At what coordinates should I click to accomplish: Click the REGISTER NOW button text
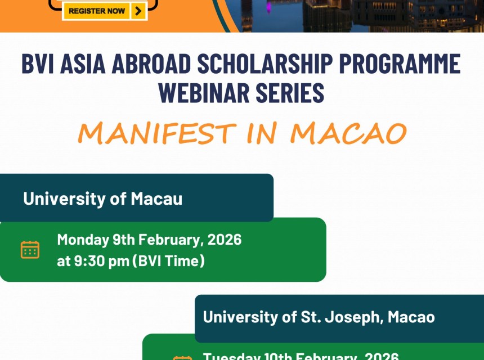97,11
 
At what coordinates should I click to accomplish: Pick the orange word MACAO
348,133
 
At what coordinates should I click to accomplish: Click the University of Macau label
102,198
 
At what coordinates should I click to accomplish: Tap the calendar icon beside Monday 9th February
30,249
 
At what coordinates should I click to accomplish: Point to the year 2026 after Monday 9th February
224,240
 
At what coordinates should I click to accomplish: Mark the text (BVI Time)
168,261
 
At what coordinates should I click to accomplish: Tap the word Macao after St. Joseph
410,317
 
